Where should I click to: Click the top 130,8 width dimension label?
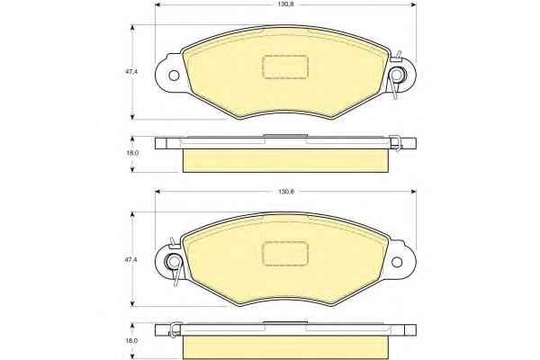point(285,4)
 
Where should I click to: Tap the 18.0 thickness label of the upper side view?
point(132,153)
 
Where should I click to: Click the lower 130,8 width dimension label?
point(285,192)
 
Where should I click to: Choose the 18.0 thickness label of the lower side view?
point(132,341)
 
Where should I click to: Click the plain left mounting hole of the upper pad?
point(174,75)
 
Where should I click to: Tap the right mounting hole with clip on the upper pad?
point(397,75)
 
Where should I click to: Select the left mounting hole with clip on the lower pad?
point(173,262)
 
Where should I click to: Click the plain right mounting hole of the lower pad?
point(397,262)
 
